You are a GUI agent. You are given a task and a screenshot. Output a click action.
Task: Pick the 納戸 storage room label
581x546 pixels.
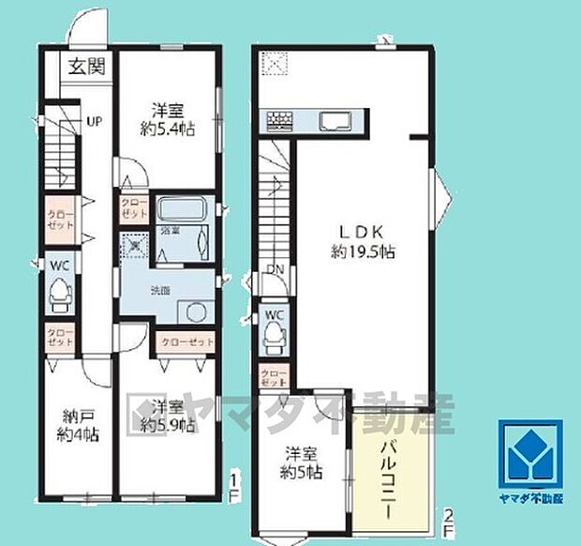[77, 416]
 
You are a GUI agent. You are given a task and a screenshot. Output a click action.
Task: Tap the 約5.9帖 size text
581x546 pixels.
[168, 425]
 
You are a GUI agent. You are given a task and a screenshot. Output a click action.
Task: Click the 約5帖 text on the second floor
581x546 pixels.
[301, 472]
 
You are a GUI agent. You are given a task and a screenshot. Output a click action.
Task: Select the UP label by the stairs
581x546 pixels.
[95, 121]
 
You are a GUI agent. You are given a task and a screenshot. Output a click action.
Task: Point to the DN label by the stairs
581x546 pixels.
[276, 267]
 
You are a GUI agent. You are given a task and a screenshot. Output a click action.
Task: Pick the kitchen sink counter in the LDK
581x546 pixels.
[334, 121]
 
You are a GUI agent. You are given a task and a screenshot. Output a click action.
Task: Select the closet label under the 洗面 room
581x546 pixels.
[186, 341]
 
